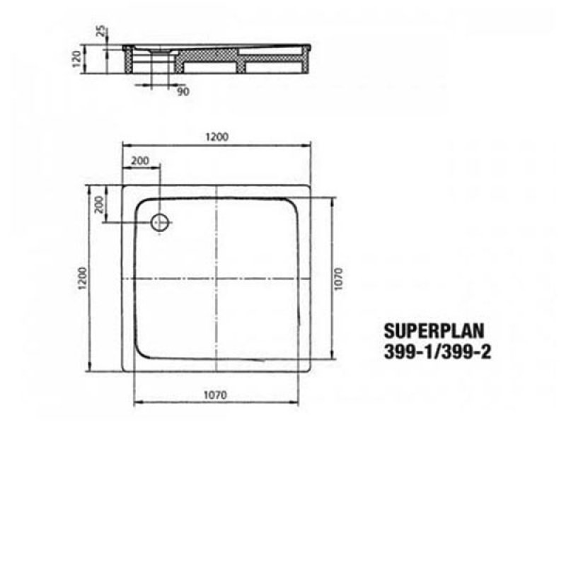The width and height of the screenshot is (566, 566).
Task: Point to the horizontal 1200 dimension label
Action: coord(218,137)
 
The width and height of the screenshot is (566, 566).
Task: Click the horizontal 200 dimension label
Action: coord(141,161)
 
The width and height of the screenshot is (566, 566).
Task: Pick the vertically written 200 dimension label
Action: coord(100,204)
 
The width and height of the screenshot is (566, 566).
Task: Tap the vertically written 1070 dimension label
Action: coord(339,279)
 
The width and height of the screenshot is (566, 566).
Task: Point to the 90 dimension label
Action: coord(183,91)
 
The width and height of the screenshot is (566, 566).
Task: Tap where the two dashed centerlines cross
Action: coord(218,279)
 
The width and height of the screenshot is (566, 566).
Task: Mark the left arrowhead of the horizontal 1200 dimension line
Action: coord(125,145)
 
